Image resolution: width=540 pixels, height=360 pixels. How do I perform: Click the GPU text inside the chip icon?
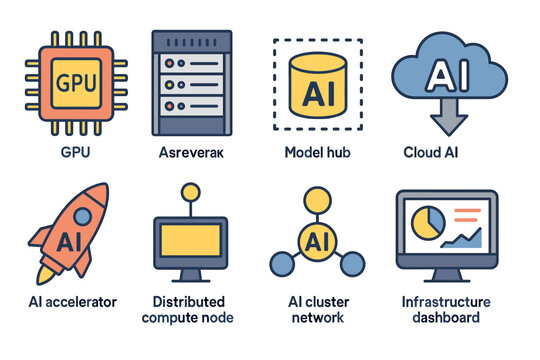pos(77,83)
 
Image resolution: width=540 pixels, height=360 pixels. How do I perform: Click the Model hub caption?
pos(318,152)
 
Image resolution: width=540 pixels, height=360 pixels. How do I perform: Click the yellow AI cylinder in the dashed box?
pos(318,90)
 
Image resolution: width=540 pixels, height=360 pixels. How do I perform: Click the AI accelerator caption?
pos(72,301)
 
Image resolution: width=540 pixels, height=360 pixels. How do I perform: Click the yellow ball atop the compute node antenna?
pos(190,191)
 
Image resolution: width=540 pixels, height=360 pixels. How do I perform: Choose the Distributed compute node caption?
pos(193,309)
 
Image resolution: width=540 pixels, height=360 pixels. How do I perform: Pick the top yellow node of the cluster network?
pos(318,198)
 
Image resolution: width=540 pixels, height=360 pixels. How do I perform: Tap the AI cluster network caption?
pos(318,309)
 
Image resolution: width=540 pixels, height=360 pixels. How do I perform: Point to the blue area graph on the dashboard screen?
pos(466,238)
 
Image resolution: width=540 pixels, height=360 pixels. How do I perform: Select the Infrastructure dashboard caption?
pos(445,309)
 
